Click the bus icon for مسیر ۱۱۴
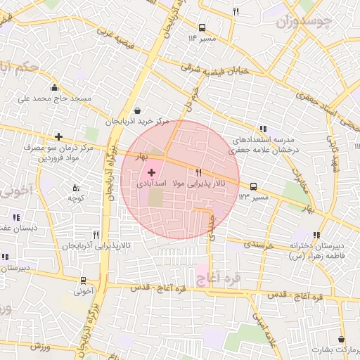[202, 28]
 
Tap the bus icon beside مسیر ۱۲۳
[253, 186]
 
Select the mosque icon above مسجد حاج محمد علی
[54, 88]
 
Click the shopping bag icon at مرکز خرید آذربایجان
[136, 110]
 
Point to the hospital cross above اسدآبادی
[153, 172]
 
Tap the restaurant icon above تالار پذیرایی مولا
[200, 172]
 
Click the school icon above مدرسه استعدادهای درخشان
[263, 129]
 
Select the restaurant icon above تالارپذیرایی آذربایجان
[96, 235]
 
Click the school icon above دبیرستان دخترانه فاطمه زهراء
[317, 235]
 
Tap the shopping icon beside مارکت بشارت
[341, 339]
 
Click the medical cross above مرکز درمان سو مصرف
[58, 136]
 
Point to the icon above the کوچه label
[76, 188]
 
